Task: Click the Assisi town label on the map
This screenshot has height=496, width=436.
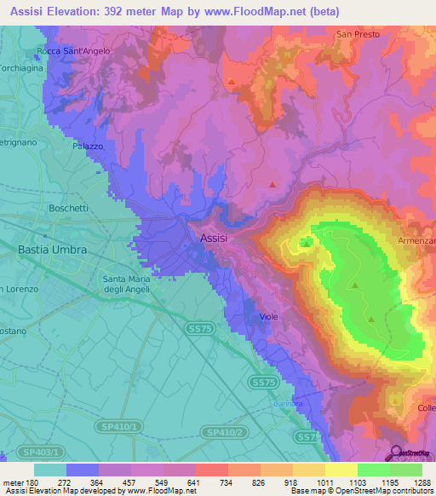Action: point(214,239)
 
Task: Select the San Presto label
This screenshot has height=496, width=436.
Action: point(355,34)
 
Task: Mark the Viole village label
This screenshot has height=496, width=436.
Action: point(268,316)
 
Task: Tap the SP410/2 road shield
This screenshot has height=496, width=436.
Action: point(226,433)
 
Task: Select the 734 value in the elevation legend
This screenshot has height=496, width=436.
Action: point(226,482)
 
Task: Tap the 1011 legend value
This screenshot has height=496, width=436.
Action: point(324,482)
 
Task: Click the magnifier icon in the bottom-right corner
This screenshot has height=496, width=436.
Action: point(395,453)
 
